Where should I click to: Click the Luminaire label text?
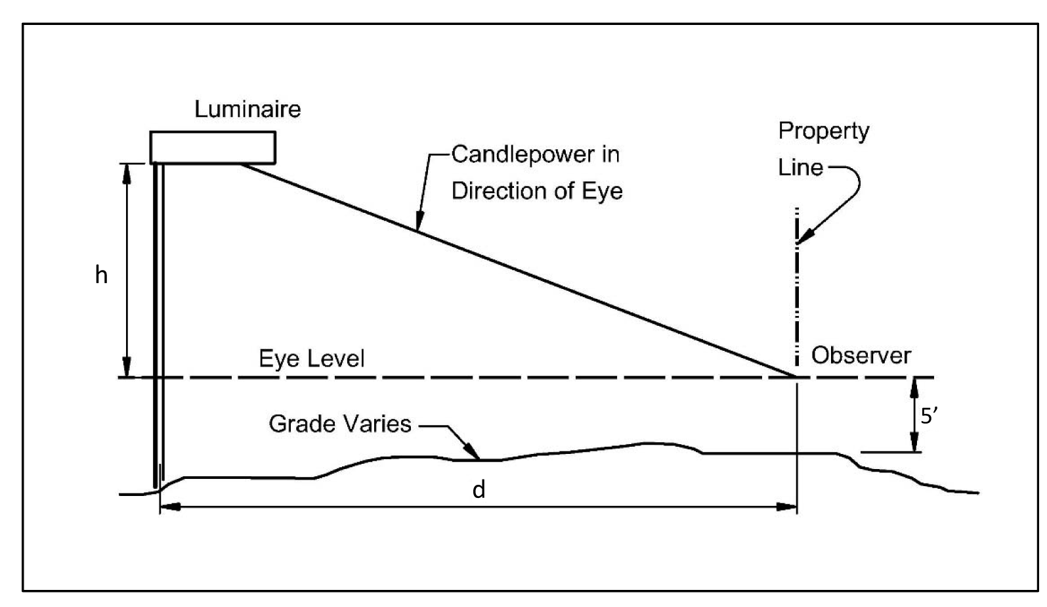tap(247, 109)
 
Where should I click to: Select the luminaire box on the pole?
tap(213, 147)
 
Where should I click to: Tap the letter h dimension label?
tap(101, 275)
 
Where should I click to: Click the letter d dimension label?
tap(479, 490)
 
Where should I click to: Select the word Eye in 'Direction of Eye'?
tap(602, 191)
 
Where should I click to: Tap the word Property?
tap(824, 132)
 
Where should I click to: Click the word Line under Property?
tap(800, 168)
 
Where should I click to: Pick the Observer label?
tap(861, 356)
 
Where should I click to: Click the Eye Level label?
tap(312, 359)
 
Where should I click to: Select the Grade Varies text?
tap(340, 424)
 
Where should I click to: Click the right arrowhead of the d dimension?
tap(788, 506)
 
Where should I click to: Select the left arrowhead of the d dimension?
tap(169, 506)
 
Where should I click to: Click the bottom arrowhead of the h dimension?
tap(127, 369)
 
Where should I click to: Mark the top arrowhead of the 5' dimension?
tap(912, 386)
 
